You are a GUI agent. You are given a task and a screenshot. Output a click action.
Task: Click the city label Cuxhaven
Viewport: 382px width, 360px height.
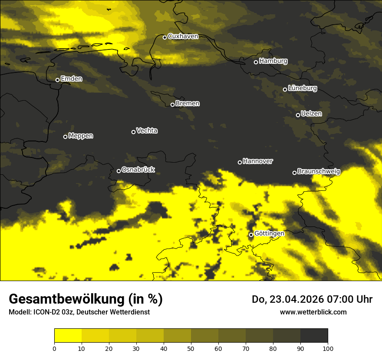pos(183,36)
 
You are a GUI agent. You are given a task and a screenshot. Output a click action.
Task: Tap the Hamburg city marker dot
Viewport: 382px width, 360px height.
pos(256,62)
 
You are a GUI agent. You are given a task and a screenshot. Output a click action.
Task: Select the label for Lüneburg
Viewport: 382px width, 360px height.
pos(302,88)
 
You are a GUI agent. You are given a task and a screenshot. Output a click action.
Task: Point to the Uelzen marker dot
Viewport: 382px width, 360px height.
pos(298,115)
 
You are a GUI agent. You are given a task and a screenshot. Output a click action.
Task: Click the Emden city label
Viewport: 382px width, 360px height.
pos(71,79)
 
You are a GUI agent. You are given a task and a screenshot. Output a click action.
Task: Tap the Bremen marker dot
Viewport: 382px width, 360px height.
pos(172,105)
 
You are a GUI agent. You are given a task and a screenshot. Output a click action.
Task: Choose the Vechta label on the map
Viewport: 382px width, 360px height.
pos(147,131)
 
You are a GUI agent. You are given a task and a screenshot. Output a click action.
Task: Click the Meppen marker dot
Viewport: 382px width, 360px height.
pos(65,137)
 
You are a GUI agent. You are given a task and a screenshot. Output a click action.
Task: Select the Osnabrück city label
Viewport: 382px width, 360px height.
pos(138,170)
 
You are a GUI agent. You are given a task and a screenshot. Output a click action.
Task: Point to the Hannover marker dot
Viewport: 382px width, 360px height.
pos(240,162)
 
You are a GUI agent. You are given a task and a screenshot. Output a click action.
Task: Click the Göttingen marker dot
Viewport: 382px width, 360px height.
pos(251,235)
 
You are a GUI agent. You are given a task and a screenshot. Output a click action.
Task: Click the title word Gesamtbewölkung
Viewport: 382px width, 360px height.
pos(67,299)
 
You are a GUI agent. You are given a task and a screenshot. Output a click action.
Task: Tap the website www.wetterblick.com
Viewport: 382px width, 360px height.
pos(313,312)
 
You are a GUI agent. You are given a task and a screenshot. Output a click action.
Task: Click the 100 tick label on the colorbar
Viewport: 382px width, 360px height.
pos(328,348)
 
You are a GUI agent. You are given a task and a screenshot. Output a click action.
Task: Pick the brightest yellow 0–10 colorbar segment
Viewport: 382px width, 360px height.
pos(68,336)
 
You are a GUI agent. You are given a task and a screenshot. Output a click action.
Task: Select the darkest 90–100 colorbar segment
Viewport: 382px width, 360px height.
pos(314,336)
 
